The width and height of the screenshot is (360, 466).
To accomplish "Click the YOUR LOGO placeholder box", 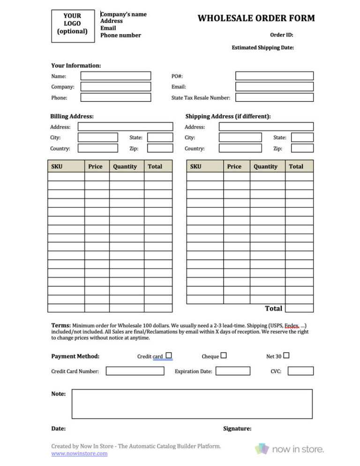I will coord(72,24).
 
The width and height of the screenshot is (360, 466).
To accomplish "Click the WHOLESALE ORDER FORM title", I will coord(256,18).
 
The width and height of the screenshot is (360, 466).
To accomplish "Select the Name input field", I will coord(116,76).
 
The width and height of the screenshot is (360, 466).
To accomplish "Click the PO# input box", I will coord(274,76).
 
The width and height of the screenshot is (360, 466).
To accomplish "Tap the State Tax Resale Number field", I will coord(274,98).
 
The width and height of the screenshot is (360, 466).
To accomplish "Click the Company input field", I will coord(116,87).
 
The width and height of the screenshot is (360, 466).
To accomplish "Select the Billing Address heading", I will coord(72,116).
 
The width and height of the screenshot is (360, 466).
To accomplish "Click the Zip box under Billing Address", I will coord(160,148).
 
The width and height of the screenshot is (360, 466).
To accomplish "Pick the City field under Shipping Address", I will coord(240,137).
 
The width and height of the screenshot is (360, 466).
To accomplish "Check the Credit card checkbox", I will coord(169,355).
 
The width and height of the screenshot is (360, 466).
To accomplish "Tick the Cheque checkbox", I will coord(224,355).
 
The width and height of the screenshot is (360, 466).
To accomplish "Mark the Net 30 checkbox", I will coord(286,355).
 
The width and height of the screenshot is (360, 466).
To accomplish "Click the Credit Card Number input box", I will coord(135,371).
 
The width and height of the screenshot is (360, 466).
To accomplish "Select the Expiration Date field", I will coord(233,371).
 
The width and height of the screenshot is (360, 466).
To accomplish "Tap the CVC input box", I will coord(300,371).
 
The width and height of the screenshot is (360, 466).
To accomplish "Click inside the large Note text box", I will coord(192,404).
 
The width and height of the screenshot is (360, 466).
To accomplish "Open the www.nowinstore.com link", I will coord(79,453).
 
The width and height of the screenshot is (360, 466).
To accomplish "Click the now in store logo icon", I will coord(262,449).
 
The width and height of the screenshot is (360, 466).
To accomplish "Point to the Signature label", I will coord(237,428).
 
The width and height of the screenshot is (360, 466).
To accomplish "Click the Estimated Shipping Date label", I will coord(262,47).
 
